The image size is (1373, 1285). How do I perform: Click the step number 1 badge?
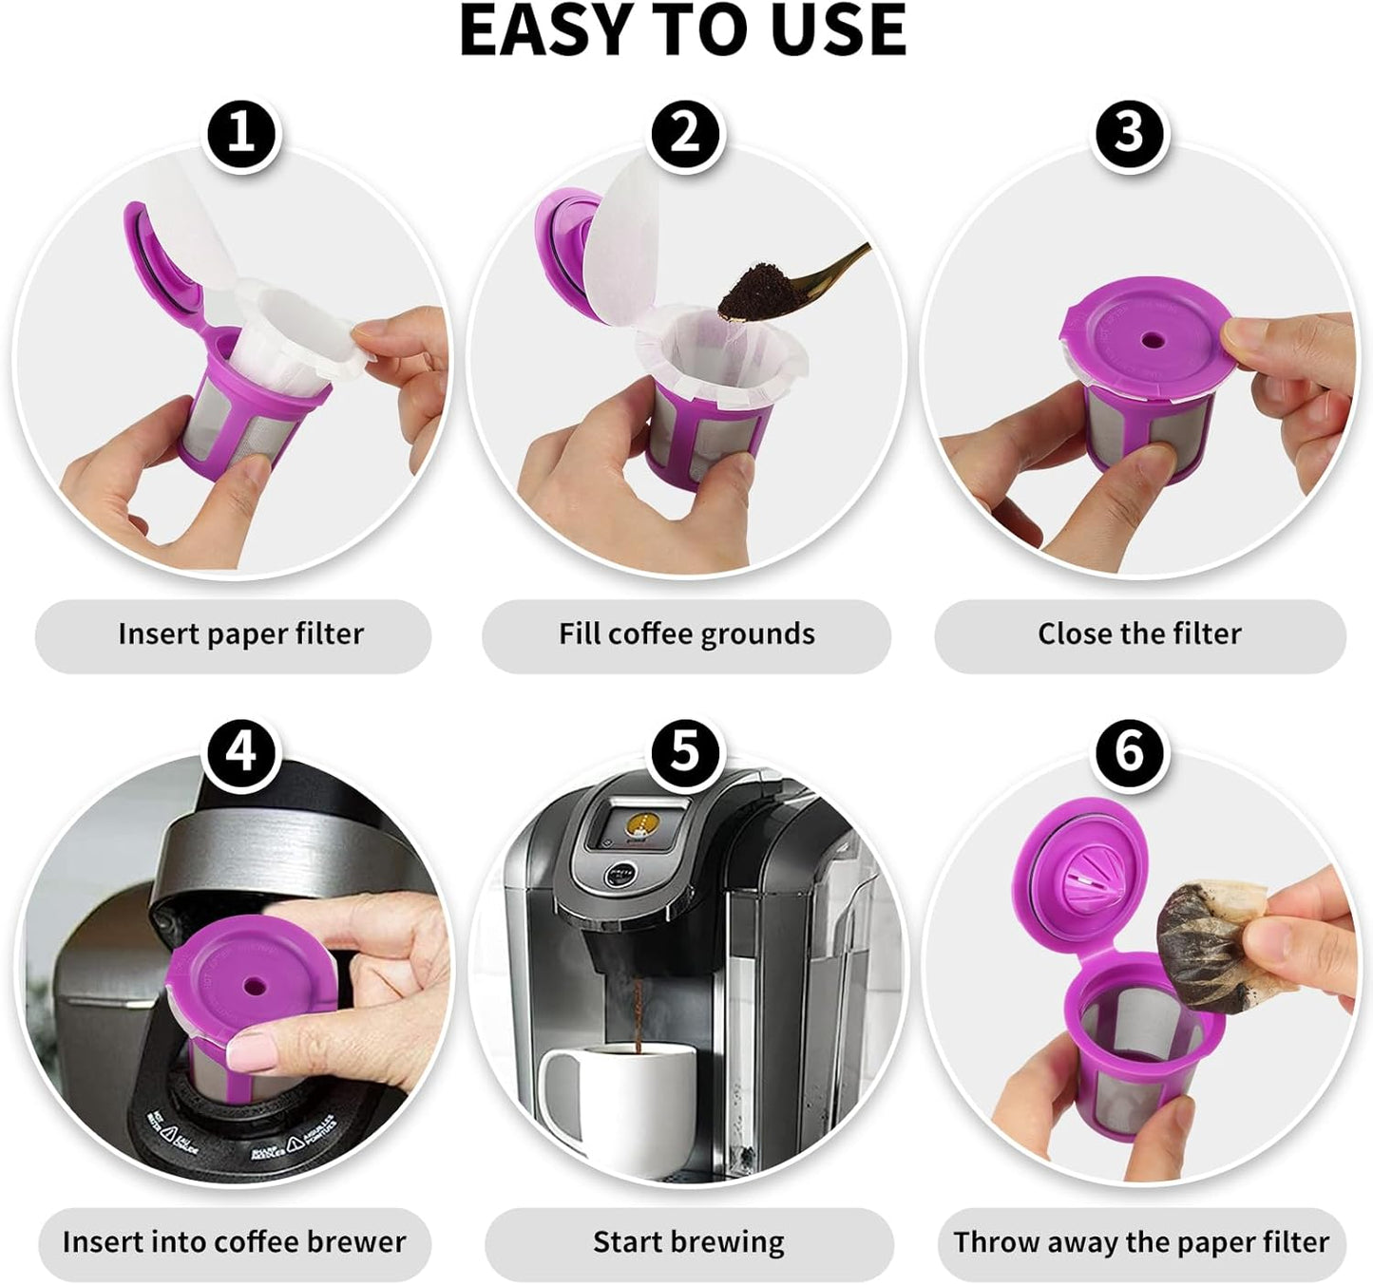241,134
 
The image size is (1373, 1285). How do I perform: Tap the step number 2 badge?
685,134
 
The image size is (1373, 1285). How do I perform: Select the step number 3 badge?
1129,134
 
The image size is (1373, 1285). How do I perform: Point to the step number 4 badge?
241,753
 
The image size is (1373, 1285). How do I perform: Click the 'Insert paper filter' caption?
240,634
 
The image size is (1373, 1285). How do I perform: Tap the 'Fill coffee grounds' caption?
686,634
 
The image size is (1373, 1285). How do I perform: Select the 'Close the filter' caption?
1139,634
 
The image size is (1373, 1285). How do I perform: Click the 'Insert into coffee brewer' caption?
234,1242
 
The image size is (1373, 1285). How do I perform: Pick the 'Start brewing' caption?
688,1242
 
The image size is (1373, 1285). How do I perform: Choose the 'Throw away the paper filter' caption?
1141,1242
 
